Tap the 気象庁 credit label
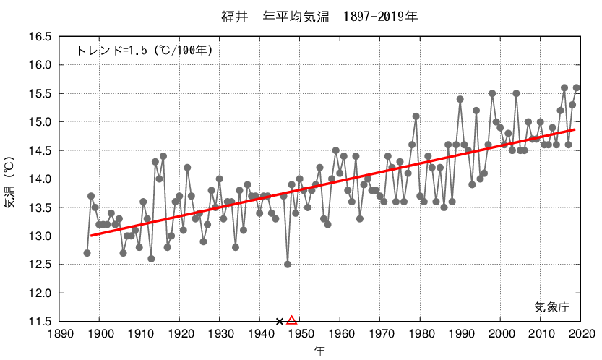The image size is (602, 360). [x=552, y=307]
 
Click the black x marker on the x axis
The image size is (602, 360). [x=280, y=321]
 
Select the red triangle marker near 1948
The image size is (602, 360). [x=292, y=320]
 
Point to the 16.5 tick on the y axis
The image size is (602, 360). [x=39, y=37]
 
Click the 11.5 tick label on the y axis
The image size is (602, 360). [x=39, y=322]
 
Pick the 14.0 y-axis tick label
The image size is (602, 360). [x=39, y=179]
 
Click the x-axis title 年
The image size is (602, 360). [x=319, y=351]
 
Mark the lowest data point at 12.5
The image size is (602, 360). [x=288, y=265]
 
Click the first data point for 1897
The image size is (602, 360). [x=87, y=253]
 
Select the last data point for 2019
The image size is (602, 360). [x=577, y=87]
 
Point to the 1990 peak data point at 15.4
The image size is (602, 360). [x=460, y=99]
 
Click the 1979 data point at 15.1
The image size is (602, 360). [x=416, y=116]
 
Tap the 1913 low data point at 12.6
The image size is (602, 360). [x=151, y=259]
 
